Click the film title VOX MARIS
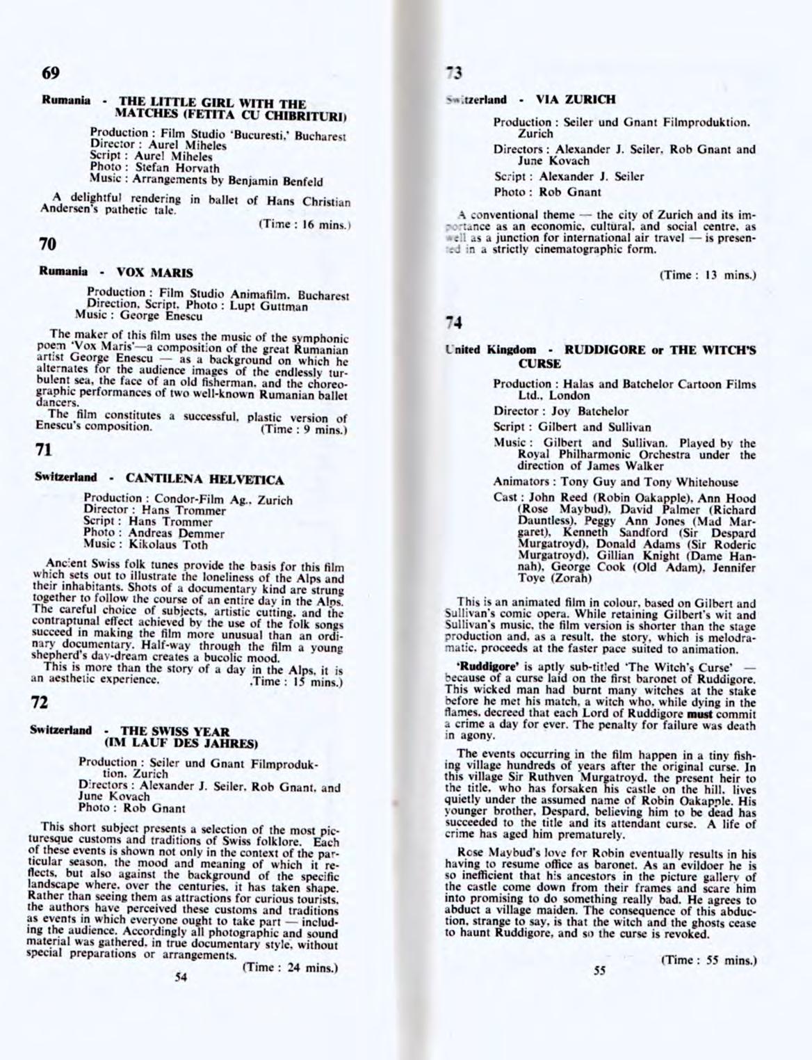(154, 272)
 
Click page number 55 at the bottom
(601, 972)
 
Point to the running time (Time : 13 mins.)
(707, 275)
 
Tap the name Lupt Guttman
(277, 306)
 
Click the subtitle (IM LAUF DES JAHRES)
(181, 742)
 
